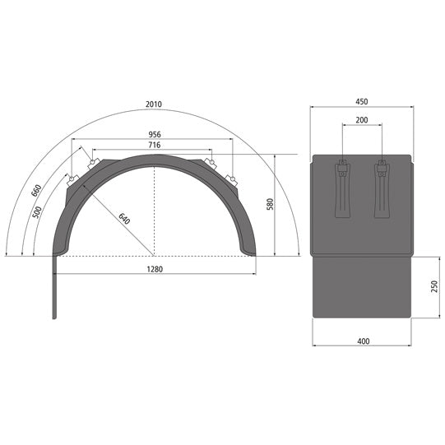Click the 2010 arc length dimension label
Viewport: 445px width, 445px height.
(153, 104)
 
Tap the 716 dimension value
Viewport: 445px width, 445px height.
(153, 145)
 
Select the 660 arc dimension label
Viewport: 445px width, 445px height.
(37, 191)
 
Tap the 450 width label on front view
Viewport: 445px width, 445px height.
(362, 101)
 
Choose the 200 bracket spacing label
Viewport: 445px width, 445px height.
(362, 119)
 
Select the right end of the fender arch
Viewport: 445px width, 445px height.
(250, 247)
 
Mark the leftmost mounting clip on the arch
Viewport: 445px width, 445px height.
(72, 178)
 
